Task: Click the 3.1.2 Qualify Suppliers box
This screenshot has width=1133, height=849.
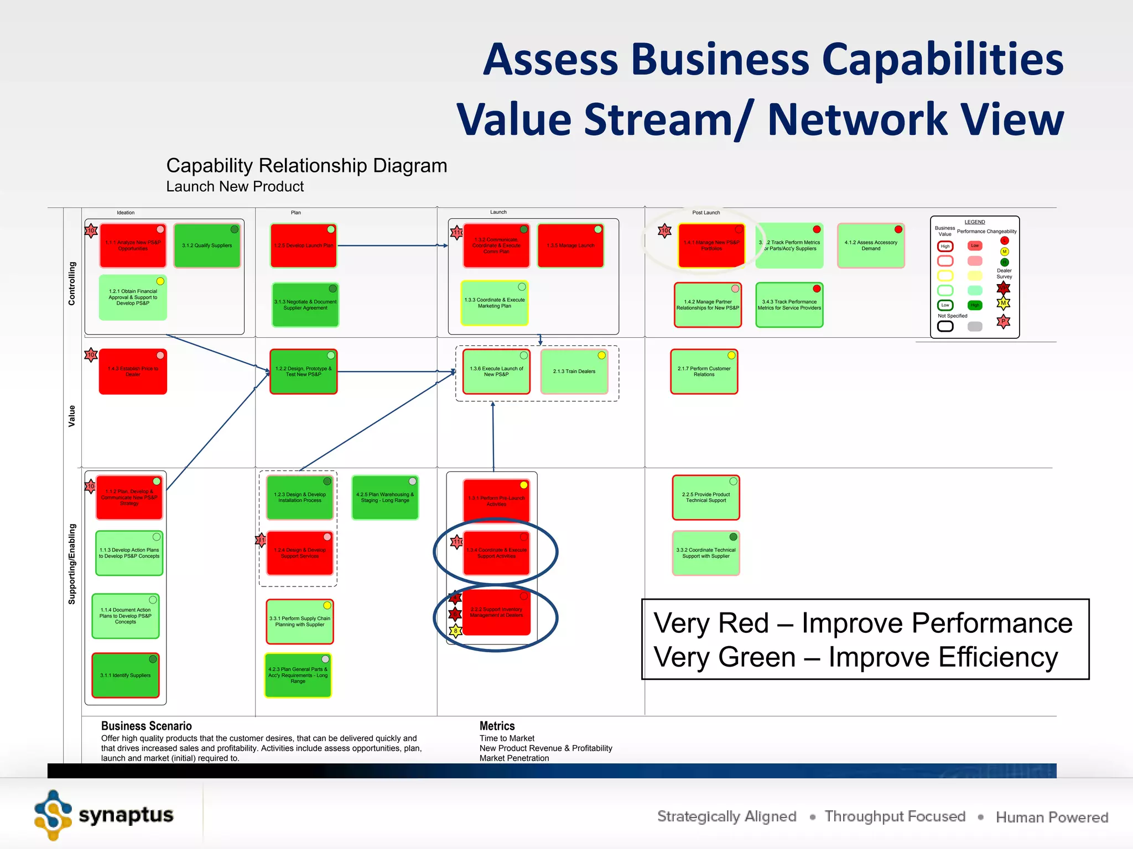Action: point(207,245)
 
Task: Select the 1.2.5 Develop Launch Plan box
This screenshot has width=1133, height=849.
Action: point(303,245)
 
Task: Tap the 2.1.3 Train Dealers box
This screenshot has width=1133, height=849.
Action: point(574,371)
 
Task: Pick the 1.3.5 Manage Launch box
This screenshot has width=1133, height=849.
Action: point(570,245)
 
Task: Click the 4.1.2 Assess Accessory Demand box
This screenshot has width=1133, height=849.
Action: point(871,245)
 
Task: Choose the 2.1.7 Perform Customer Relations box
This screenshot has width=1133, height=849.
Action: point(704,371)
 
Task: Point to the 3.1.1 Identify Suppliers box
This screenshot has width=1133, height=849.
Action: point(126,675)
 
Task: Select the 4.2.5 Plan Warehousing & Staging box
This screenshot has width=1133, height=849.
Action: point(385,497)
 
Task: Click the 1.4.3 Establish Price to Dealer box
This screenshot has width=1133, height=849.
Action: point(133,371)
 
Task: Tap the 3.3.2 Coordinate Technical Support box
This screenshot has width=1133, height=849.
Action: point(706,553)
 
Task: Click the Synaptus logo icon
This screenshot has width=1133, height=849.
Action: point(53,815)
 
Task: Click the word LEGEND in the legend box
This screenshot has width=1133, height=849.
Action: point(974,222)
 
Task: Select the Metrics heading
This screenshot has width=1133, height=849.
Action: point(497,726)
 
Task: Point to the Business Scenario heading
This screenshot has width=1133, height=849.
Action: point(146,726)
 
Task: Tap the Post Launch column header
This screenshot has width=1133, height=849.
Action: point(706,212)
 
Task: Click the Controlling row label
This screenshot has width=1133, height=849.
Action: point(72,283)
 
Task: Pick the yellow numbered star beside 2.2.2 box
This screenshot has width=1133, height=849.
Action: point(455,631)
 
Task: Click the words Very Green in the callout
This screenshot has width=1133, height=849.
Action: point(724,657)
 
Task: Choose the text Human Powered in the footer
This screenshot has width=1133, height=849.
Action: point(1052,817)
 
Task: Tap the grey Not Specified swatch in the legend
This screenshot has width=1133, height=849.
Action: point(975,326)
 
